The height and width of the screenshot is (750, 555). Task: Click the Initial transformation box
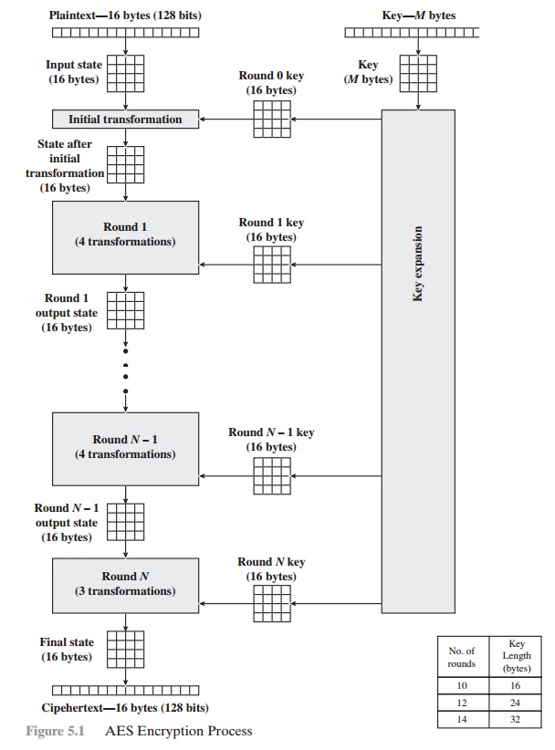tap(125, 120)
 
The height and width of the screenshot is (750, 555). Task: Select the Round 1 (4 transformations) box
tap(125, 236)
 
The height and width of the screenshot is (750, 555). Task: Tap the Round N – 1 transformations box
tap(125, 447)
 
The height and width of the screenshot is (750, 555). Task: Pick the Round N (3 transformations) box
tap(125, 584)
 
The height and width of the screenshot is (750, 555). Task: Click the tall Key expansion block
tap(417, 360)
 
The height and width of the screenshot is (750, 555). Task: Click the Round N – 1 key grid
tap(271, 475)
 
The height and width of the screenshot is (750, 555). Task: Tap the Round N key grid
tap(271, 604)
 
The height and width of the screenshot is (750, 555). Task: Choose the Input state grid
tap(125, 72)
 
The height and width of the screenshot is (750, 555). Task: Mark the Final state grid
tap(125, 650)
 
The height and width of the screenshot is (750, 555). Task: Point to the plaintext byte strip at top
tap(125, 34)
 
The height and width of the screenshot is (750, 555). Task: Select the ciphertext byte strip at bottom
tap(125, 690)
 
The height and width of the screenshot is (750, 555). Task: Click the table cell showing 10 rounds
tap(462, 684)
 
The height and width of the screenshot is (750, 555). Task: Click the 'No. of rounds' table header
tap(462, 657)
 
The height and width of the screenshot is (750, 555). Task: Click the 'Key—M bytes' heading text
tap(418, 16)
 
